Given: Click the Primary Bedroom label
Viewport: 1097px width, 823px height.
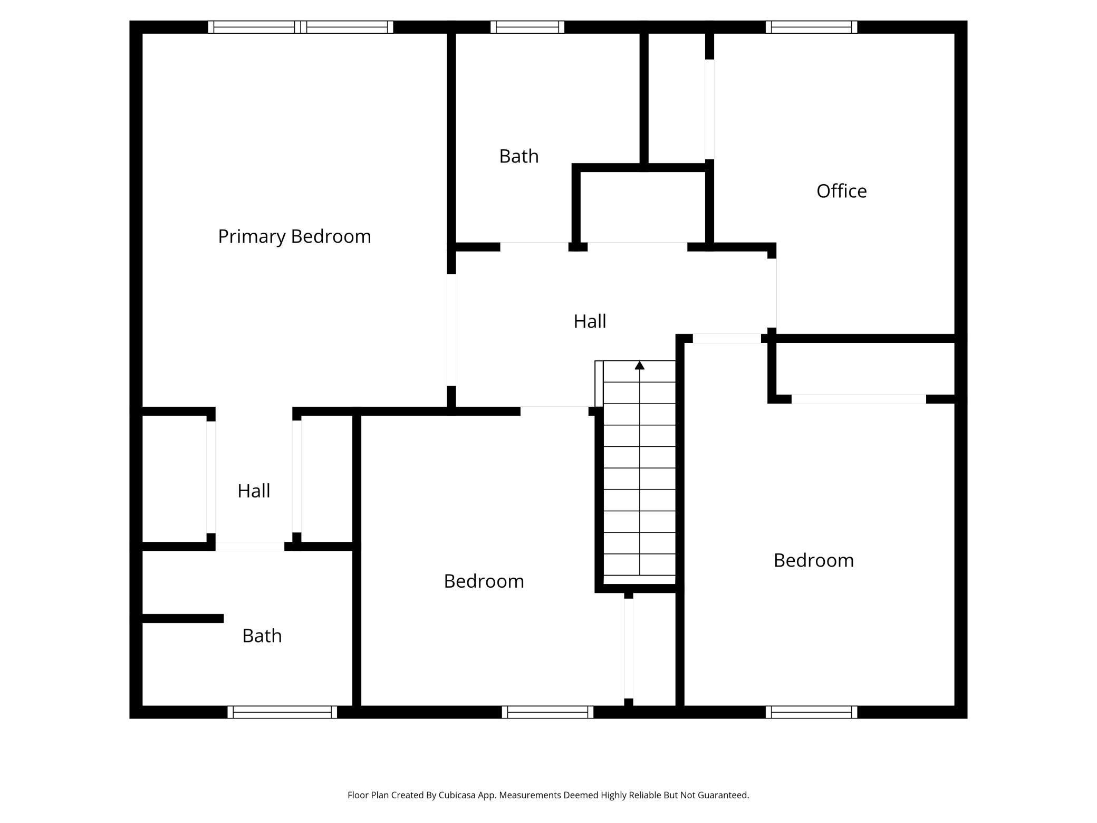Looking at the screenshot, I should [294, 236].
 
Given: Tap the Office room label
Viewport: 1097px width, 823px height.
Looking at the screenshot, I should [841, 191].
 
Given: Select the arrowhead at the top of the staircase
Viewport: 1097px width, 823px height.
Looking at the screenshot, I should [640, 365].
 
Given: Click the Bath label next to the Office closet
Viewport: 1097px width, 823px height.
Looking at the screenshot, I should [518, 156].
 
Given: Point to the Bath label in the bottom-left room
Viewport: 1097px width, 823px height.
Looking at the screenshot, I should [262, 636].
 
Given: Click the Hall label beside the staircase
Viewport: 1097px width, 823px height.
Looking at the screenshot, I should [590, 321].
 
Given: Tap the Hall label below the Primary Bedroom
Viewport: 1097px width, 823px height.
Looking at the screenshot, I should [254, 491].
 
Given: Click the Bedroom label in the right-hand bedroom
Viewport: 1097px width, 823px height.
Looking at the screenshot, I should [813, 560].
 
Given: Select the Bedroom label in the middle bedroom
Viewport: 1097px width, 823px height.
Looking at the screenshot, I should [484, 581].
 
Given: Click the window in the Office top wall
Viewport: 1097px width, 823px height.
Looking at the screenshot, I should [811, 27].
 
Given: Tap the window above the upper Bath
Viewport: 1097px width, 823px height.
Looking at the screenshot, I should [527, 27].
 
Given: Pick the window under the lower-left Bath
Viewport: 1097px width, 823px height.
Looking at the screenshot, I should [282, 712].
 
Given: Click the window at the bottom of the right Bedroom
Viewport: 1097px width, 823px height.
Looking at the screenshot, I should [811, 712].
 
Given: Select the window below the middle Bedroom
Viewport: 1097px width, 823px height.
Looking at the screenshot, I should [547, 712].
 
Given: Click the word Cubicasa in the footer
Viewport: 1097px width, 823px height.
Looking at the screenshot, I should [457, 795].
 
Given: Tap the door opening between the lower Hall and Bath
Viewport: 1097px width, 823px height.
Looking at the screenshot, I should [249, 547].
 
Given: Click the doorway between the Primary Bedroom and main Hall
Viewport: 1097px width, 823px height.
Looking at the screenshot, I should [451, 330].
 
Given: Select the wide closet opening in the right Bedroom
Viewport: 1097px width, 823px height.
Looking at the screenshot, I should [859, 399].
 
